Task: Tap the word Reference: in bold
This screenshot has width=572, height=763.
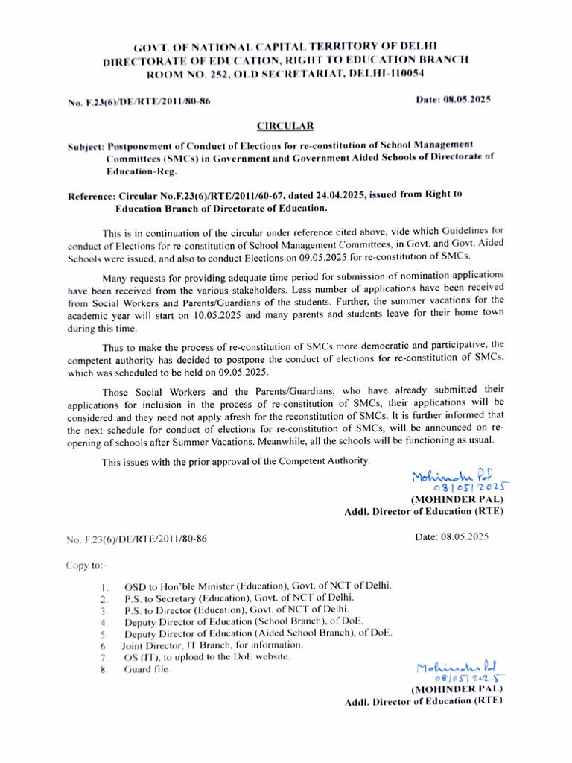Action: [92, 194]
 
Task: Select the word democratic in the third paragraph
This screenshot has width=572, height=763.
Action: [421, 346]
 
